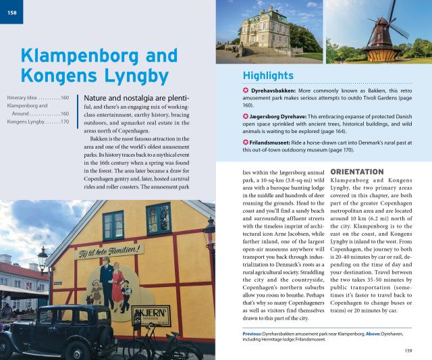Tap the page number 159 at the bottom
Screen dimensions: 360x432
[408, 350]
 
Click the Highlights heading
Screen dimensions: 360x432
[267, 75]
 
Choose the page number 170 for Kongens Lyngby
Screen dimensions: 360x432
[64, 122]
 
